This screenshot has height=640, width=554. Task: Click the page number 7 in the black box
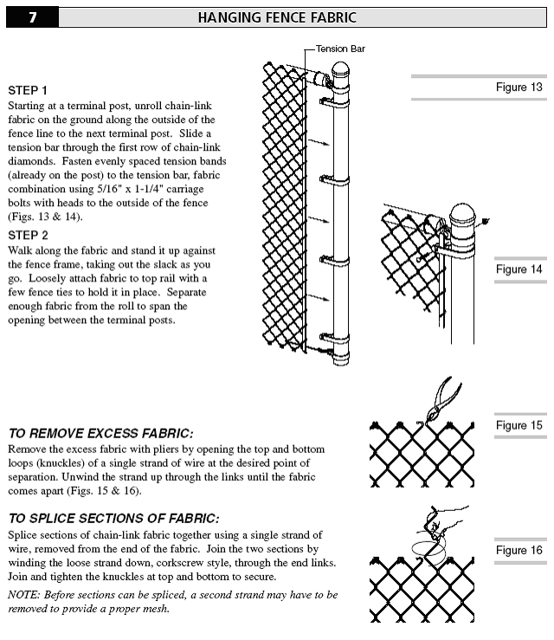(x=31, y=17)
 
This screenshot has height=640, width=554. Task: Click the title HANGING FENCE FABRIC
(x=277, y=17)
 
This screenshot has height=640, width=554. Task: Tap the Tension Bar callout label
(x=339, y=48)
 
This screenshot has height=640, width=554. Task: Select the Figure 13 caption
(x=519, y=87)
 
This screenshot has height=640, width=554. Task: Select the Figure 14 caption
(x=519, y=269)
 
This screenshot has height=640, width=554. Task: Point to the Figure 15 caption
(x=519, y=425)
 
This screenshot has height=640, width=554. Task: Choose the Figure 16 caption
(x=519, y=550)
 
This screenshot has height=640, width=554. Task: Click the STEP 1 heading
(x=28, y=90)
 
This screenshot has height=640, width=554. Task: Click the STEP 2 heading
(x=28, y=235)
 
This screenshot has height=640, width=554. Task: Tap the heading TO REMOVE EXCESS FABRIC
(x=100, y=433)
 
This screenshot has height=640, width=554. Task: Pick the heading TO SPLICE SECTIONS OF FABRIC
(x=113, y=518)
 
